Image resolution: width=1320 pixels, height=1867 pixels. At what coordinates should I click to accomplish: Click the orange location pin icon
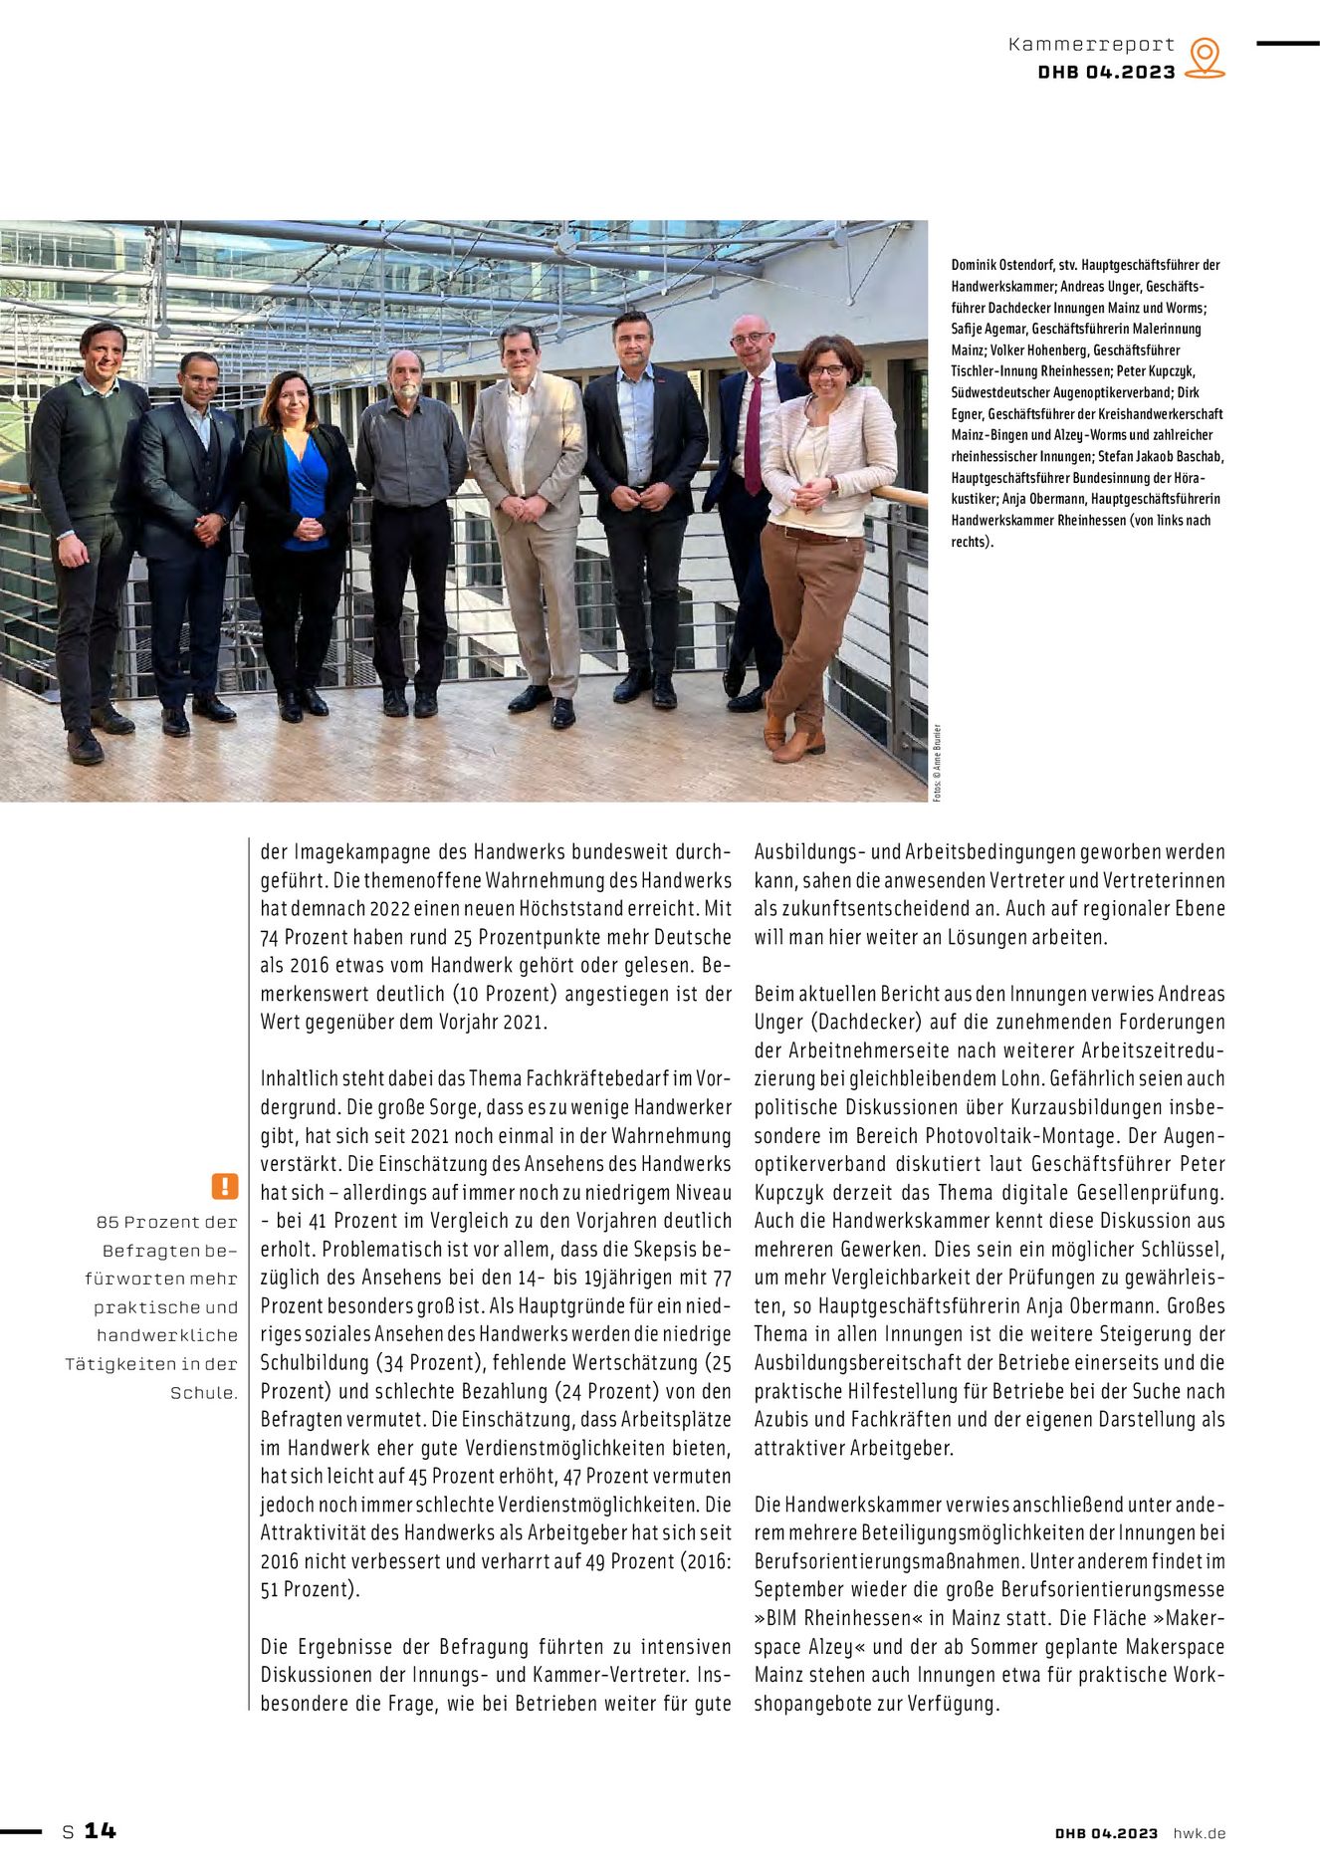(x=1205, y=58)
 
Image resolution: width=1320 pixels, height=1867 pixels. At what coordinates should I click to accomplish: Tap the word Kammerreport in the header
(x=1091, y=45)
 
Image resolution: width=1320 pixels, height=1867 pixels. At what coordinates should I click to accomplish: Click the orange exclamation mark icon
(x=225, y=1186)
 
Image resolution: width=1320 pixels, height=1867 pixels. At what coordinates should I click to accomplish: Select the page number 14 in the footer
(x=100, y=1830)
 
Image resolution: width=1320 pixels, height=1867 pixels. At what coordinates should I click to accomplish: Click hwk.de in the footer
(x=1199, y=1832)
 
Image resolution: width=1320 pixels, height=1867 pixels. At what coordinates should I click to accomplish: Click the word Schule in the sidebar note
(x=203, y=1393)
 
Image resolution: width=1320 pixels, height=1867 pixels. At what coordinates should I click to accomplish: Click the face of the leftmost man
(x=103, y=349)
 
